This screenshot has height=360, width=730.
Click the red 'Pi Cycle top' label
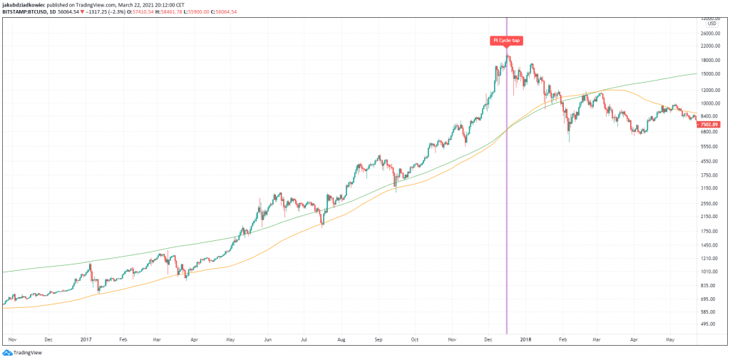coord(506,41)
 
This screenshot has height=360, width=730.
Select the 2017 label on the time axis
coord(87,340)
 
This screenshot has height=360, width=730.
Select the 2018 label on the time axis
coord(526,340)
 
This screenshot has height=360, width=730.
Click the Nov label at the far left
coord(12,340)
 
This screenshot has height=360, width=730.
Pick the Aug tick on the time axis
coord(341,340)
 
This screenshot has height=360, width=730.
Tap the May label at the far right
coord(670,340)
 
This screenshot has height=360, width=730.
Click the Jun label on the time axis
coord(268,340)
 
